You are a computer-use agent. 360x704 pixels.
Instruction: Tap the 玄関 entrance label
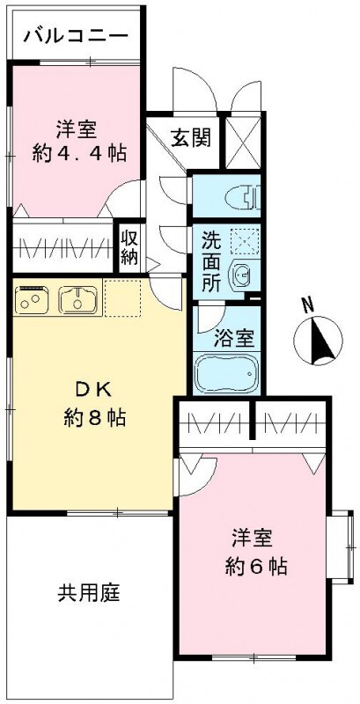point(190,137)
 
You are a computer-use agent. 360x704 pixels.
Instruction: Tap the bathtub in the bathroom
point(228,373)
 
